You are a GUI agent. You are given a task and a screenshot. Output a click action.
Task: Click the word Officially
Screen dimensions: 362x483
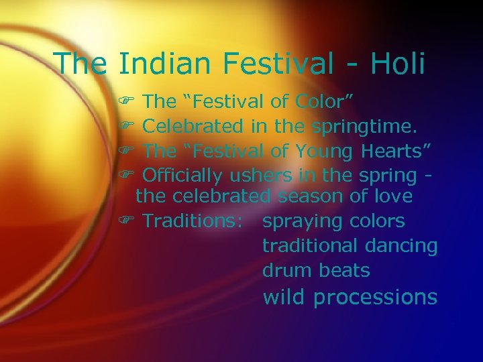pos(184,176)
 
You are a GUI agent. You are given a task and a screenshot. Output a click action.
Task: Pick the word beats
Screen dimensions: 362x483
pos(344,270)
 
